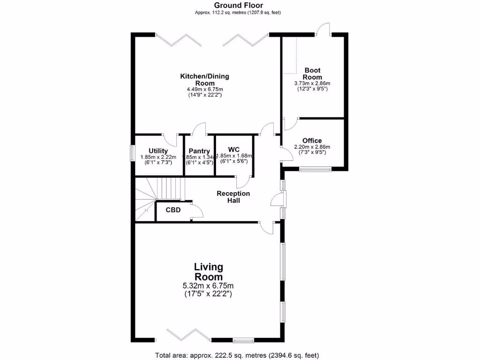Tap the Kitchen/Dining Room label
click(x=205, y=80)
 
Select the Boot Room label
click(x=312, y=74)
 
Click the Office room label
click(x=312, y=141)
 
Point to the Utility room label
click(x=158, y=150)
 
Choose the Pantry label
click(x=199, y=151)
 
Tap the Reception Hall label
click(x=233, y=197)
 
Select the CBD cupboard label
click(x=173, y=210)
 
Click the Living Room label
click(x=209, y=272)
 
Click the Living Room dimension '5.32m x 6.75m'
click(x=208, y=286)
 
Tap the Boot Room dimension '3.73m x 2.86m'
click(x=312, y=83)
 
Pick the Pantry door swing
click(x=200, y=129)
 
